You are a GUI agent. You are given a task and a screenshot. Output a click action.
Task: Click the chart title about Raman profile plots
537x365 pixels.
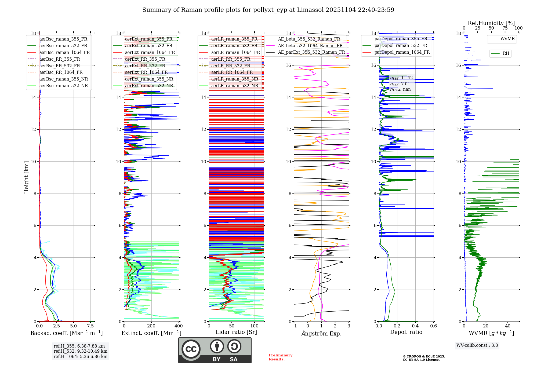tap(268, 10)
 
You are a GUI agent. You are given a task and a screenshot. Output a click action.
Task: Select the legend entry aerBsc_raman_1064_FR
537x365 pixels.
tap(64, 52)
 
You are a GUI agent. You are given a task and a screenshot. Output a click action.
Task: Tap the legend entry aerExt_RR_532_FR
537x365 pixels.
tap(145, 66)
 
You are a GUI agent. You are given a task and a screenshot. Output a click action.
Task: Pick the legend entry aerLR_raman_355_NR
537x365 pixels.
tap(234, 79)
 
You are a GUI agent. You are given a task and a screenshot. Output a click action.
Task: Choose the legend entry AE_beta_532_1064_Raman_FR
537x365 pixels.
tap(310, 46)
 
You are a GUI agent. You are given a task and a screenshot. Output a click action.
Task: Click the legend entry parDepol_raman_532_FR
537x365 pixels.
tap(401, 45)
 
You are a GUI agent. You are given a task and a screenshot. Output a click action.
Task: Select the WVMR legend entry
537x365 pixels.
tap(507, 39)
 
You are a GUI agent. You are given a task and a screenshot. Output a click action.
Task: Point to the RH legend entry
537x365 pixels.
tap(506, 53)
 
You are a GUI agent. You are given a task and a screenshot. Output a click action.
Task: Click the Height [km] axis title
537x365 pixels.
tap(26, 177)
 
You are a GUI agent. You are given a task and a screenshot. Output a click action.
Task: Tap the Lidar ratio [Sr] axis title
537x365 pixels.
tap(236, 332)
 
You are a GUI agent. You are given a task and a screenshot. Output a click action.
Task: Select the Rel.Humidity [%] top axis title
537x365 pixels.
tap(491, 23)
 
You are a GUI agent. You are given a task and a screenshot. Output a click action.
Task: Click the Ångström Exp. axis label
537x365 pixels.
tap(321, 333)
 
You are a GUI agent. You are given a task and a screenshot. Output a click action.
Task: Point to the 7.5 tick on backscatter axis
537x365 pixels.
tap(90, 326)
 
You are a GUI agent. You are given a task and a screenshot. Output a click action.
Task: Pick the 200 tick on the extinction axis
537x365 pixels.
tap(151, 326)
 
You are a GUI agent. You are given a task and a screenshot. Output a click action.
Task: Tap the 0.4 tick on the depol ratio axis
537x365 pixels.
tap(415, 326)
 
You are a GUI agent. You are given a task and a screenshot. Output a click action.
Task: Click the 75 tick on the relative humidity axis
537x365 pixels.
tap(505, 28)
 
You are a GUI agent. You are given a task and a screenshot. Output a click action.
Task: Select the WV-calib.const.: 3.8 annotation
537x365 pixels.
tap(477, 345)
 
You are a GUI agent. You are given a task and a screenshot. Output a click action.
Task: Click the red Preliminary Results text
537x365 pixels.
tap(280, 357)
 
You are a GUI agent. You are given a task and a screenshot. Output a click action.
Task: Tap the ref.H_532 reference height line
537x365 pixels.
tap(80, 351)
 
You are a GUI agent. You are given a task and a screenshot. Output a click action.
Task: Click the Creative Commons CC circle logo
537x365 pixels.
tap(191, 349)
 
